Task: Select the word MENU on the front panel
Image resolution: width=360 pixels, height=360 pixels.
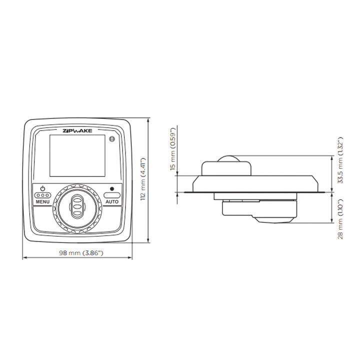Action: click(x=42, y=201)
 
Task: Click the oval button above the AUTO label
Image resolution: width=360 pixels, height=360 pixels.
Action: click(x=111, y=195)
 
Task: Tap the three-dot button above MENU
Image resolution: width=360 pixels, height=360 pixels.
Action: click(x=42, y=195)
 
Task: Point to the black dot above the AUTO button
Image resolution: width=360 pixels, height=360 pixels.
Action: click(x=111, y=189)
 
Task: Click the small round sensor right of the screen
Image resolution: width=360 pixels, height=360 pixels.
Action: click(x=112, y=138)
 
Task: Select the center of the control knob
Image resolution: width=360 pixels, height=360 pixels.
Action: click(x=77, y=205)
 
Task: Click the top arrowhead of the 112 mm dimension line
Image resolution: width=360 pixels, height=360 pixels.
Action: click(x=148, y=120)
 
